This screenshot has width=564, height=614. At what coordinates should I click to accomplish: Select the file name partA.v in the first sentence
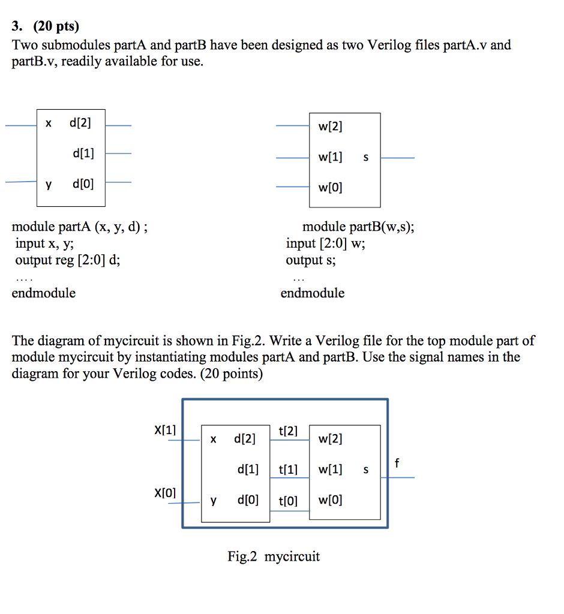[466, 45]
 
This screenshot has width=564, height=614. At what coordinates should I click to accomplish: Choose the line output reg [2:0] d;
[71, 260]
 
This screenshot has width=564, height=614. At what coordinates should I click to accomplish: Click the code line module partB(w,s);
[358, 227]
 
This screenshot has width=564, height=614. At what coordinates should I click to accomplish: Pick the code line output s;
[311, 260]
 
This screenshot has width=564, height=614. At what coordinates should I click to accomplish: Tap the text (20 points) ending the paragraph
[232, 374]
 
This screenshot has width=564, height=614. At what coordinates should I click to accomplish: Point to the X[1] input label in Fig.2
[165, 430]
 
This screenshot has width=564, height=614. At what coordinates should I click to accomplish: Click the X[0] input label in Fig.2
[165, 493]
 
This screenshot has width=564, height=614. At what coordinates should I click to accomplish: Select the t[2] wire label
[288, 431]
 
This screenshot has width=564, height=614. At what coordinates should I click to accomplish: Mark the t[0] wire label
[288, 500]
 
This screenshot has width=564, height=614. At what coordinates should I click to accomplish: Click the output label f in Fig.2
[397, 463]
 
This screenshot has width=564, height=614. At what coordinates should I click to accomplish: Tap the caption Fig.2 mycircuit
[274, 556]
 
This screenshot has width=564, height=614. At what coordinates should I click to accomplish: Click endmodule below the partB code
[313, 293]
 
